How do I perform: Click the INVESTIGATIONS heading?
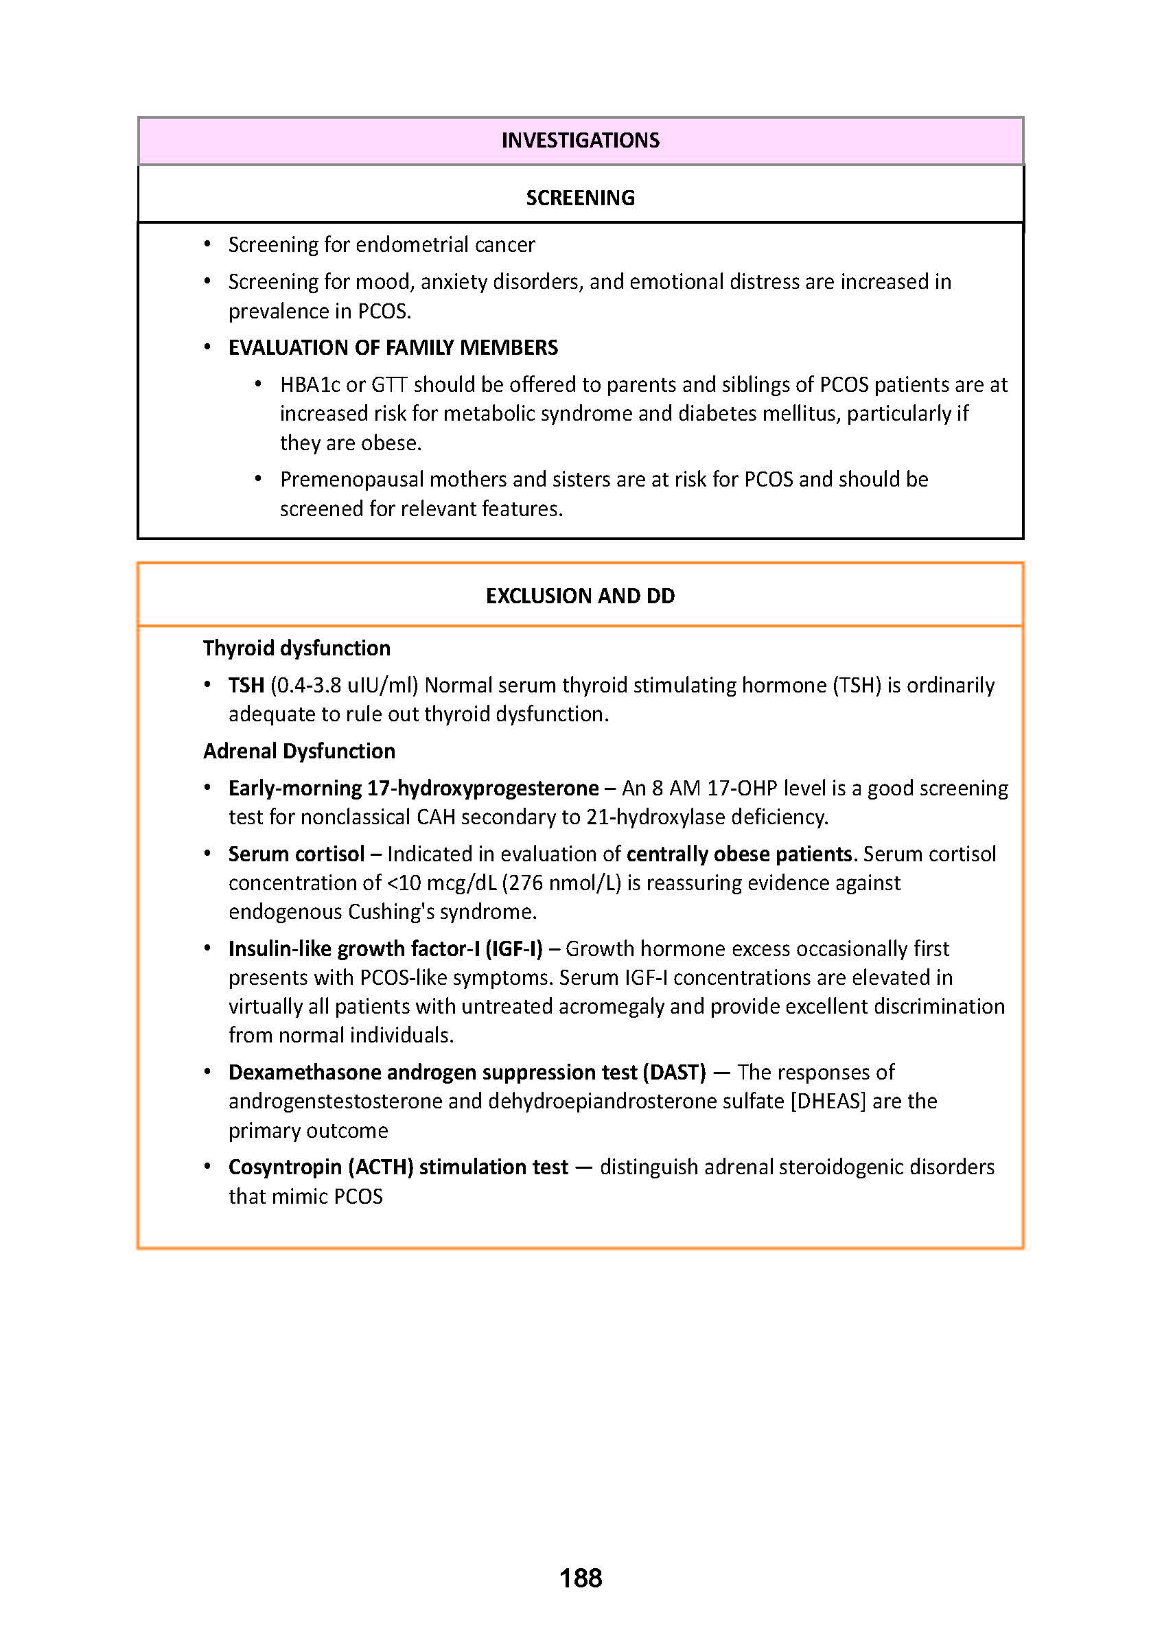coord(580,140)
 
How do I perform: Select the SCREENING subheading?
coord(580,198)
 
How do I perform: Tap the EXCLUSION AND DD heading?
coord(580,596)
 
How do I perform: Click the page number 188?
coord(580,1578)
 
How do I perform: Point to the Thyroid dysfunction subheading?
coord(297,649)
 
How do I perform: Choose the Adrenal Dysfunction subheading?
coord(299,751)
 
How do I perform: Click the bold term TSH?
coord(246,686)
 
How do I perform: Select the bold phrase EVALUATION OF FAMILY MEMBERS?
coord(393,348)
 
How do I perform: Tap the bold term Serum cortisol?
coord(297,854)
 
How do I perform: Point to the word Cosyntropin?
coord(286,1167)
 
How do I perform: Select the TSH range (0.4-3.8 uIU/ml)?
coord(344,686)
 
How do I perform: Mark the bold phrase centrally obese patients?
coord(739,854)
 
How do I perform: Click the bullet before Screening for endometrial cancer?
coord(207,245)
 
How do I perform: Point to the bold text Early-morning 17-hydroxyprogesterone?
coord(414,789)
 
